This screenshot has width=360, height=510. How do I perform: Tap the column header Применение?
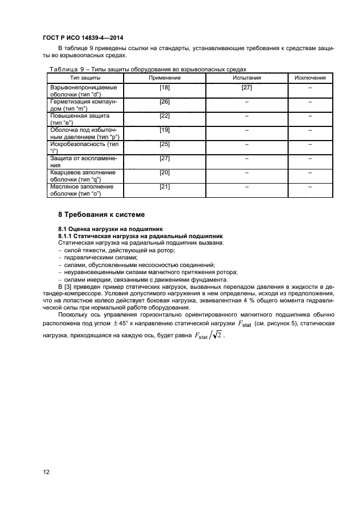164,78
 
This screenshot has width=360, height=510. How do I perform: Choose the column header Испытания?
247,78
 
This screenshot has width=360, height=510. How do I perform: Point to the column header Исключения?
310,78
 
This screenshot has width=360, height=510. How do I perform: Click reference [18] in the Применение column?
164,87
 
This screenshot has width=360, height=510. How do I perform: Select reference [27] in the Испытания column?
247,87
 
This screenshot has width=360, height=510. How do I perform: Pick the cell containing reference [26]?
164,101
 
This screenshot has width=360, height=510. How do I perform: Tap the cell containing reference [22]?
164,116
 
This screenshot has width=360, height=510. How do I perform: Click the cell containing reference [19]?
164,130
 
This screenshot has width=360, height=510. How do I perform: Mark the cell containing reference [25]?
164,144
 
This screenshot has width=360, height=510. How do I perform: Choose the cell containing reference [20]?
164,172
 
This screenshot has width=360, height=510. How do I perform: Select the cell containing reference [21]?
164,186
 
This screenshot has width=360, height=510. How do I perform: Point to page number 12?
46,472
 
